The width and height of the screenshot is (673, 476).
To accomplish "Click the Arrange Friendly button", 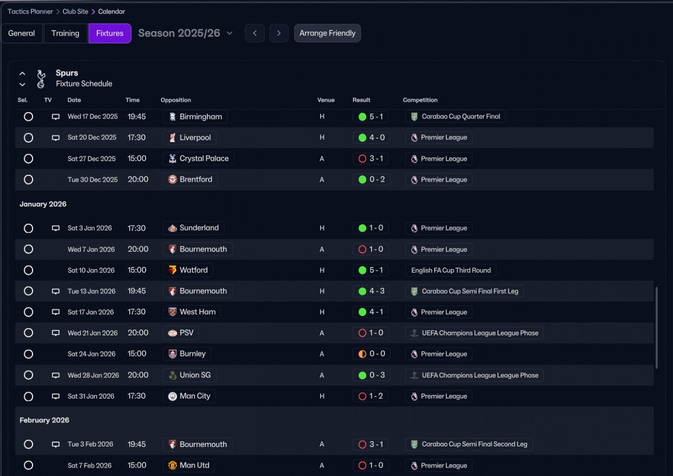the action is [327, 33].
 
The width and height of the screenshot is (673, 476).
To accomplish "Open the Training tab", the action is [65, 33].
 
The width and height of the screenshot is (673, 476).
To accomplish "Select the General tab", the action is [22, 33].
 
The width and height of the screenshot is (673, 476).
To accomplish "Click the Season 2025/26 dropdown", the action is [185, 33].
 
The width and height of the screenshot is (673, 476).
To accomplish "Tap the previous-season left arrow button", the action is [254, 33].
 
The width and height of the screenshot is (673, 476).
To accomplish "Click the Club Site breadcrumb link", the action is [75, 12].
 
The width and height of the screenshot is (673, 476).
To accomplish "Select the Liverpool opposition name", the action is [195, 137].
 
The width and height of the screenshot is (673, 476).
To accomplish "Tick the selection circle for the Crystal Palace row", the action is [28, 158].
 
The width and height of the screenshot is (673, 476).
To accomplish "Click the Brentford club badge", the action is [172, 180].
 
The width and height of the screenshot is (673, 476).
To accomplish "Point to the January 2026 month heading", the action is [43, 204].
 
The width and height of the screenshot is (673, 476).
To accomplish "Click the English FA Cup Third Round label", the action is [451, 270].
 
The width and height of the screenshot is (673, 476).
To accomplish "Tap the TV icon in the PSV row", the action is [56, 333].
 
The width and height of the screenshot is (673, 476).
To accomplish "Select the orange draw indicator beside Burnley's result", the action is [362, 354].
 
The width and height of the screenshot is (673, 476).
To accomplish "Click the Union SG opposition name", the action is [195, 375].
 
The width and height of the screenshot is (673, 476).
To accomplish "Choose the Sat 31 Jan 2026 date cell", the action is [91, 396].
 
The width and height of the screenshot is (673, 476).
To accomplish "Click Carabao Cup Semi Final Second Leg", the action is [474, 444].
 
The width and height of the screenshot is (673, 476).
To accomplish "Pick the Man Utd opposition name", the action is [195, 465].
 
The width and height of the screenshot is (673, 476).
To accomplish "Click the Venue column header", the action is [325, 100].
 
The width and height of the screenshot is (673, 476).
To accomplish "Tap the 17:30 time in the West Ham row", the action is [136, 312].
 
